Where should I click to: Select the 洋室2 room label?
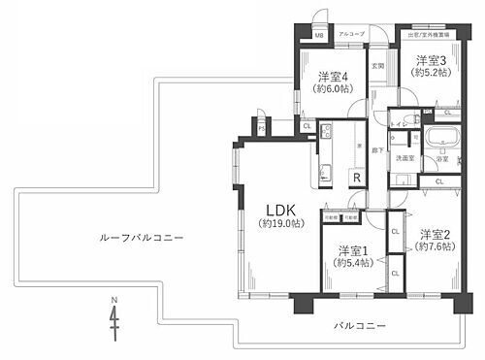pos(436,234)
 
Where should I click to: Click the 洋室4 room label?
pos(333,77)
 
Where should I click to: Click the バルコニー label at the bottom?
pos(359,324)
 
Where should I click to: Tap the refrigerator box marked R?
pos(357,177)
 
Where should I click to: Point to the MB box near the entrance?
pos(318,36)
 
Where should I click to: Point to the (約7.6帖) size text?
pos(436,246)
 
